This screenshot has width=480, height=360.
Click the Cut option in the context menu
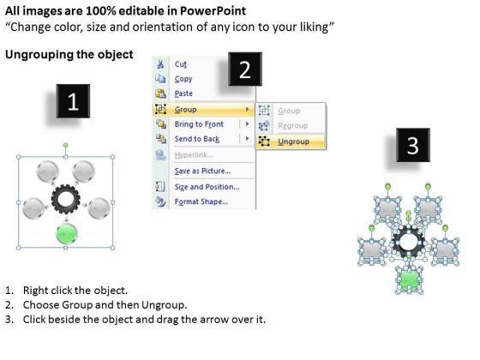(x=181, y=64)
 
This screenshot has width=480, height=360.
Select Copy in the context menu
(x=183, y=79)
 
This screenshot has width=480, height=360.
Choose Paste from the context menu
(x=183, y=93)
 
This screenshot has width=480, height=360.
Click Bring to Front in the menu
(x=199, y=124)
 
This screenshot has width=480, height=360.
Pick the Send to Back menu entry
(x=197, y=139)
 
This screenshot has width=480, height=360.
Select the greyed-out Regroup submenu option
(x=293, y=125)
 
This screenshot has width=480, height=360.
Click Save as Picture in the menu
(x=202, y=171)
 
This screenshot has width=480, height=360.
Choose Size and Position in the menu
(x=207, y=187)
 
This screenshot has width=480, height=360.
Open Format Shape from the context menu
(x=201, y=201)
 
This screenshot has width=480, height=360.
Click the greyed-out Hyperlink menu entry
(x=194, y=155)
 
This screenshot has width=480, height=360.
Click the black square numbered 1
(x=73, y=101)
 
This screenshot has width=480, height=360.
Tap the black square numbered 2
(x=245, y=69)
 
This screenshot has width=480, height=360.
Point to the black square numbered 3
(x=413, y=145)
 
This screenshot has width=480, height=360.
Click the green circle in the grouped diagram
(x=67, y=233)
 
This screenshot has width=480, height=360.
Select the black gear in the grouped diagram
(x=66, y=199)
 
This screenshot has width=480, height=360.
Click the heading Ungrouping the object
(x=69, y=55)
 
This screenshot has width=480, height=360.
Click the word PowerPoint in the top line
(x=213, y=11)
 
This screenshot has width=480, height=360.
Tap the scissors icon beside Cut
(x=160, y=64)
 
